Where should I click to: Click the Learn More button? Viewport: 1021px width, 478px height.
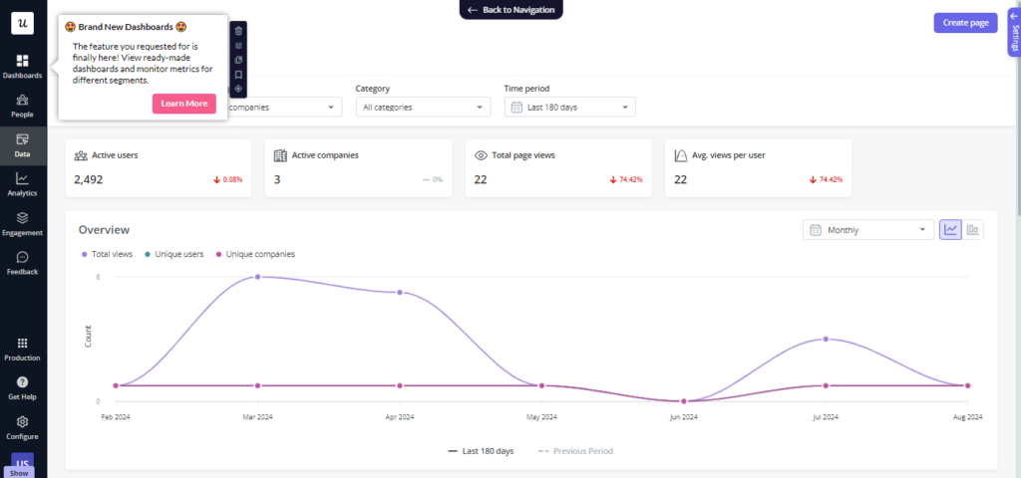click(x=183, y=104)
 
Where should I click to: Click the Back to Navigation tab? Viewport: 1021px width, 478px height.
click(x=511, y=9)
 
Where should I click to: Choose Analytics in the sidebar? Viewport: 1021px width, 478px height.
click(x=22, y=183)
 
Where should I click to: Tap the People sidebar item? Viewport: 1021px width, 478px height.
click(x=22, y=105)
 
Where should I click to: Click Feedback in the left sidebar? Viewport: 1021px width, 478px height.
click(x=22, y=262)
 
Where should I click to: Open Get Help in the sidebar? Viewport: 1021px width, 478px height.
click(x=22, y=387)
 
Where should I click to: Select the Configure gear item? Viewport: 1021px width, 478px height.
click(x=22, y=427)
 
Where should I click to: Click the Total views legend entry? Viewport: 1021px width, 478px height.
click(x=107, y=254)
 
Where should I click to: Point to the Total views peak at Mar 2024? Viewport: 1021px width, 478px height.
click(x=258, y=277)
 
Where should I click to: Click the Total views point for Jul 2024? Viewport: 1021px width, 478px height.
click(x=825, y=340)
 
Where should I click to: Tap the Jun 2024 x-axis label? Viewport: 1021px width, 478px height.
click(x=683, y=416)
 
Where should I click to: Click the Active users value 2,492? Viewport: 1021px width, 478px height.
click(x=89, y=179)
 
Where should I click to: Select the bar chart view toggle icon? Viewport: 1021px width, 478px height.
click(x=973, y=230)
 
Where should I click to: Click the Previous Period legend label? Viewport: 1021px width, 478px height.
click(x=583, y=451)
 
